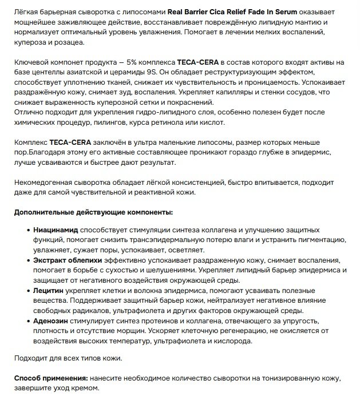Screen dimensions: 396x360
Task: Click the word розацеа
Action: pyautogui.click(x=68, y=42)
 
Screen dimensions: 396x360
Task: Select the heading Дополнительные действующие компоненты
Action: pyautogui.click(x=93, y=212)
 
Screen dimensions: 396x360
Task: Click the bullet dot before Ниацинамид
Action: pyautogui.click(x=28, y=230)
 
